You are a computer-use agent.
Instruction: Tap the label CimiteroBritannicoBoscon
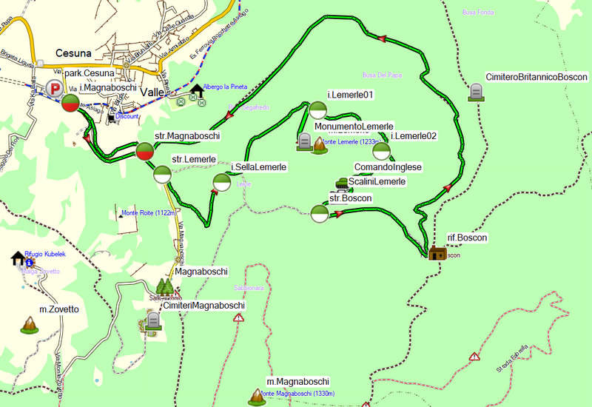536,77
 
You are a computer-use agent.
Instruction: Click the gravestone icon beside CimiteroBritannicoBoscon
476,92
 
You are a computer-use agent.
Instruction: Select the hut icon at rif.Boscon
437,253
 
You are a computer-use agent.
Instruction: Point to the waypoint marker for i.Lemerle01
317,111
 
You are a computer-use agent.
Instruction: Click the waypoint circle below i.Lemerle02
381,152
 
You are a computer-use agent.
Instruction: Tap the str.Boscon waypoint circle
320,214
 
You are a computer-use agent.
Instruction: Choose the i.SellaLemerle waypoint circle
221,182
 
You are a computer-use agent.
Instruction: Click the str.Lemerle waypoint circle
162,175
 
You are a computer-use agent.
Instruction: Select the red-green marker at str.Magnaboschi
145,152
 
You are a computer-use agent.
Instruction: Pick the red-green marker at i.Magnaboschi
70,104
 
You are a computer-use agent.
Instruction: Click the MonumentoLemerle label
354,127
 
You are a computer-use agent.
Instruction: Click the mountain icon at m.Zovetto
30,323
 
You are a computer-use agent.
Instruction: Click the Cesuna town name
74,54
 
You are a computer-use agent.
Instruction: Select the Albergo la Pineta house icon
196,91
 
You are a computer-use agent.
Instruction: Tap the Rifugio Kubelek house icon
18,258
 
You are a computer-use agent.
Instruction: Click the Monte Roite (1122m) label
147,213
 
